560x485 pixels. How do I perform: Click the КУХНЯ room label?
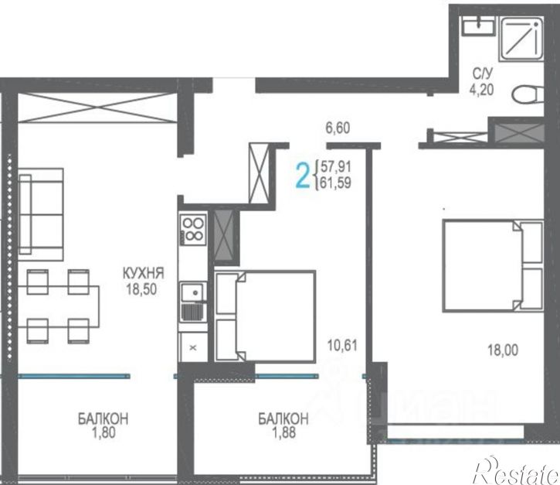[143, 274]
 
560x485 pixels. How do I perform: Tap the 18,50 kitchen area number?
[141, 289]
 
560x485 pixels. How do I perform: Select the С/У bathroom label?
[483, 74]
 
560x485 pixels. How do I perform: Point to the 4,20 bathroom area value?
[481, 90]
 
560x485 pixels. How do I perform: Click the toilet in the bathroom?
[528, 95]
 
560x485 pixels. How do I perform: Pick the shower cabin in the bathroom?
[521, 40]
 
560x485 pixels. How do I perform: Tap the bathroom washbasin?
[479, 26]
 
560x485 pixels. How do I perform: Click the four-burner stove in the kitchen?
[193, 230]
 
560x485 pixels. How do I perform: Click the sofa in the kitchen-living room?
[41, 214]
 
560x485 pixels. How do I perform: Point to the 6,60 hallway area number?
[338, 128]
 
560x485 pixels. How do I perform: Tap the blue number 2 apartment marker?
[303, 175]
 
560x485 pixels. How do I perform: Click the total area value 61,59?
[336, 183]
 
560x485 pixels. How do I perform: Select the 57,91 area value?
[336, 166]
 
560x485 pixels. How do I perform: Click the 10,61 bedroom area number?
[342, 346]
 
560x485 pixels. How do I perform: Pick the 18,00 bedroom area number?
[503, 350]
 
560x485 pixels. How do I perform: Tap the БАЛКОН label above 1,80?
[104, 418]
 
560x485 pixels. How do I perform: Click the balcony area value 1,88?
[284, 433]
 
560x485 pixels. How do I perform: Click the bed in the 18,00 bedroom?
[493, 266]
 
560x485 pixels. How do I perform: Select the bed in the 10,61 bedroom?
[266, 316]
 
